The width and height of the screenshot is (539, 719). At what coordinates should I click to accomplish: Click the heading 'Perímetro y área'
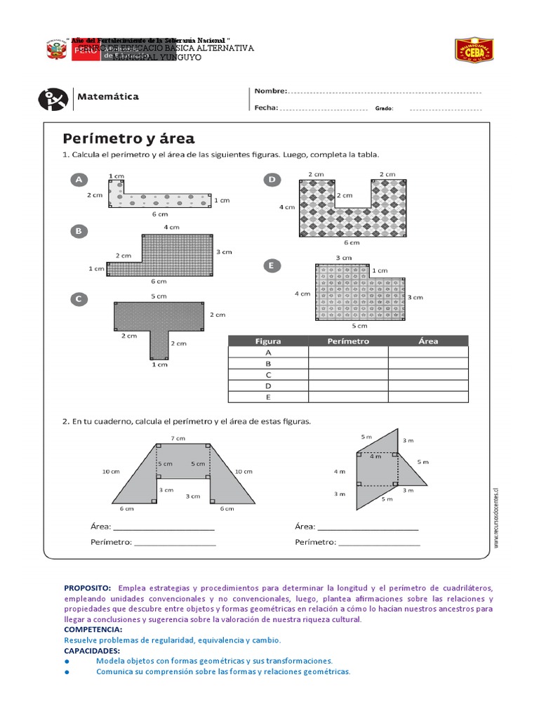tap(129, 138)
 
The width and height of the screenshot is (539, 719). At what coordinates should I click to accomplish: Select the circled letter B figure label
tap(79, 230)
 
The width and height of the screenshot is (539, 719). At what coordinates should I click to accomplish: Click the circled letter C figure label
tap(79, 299)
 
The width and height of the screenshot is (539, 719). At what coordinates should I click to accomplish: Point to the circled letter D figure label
tap(272, 180)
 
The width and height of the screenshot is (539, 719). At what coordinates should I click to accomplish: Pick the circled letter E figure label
tap(270, 265)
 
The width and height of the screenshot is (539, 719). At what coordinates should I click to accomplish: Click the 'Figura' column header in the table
tap(267, 341)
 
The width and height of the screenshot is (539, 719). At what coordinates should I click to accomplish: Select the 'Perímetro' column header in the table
tap(348, 341)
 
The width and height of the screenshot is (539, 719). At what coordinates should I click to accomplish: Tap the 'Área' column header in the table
tap(428, 341)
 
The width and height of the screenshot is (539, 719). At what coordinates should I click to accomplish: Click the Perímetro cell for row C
tap(348, 374)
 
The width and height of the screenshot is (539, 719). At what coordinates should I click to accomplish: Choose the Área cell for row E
tap(428, 397)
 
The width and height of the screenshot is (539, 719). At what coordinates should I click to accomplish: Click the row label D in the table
tap(267, 385)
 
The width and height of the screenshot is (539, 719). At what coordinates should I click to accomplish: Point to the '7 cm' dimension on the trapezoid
tap(178, 439)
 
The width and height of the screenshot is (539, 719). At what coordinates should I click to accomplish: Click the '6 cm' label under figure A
tap(160, 214)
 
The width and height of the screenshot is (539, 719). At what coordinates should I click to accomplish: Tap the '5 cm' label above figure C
tap(158, 296)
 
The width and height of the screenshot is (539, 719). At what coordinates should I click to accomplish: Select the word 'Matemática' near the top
tap(107, 97)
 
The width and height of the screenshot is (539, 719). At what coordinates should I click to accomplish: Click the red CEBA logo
tap(474, 50)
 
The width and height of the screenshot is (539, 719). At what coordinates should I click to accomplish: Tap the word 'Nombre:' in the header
tap(270, 91)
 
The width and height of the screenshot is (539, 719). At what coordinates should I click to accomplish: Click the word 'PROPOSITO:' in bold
tap(88, 588)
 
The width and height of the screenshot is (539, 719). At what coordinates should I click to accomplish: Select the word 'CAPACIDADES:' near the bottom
tap(91, 651)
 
